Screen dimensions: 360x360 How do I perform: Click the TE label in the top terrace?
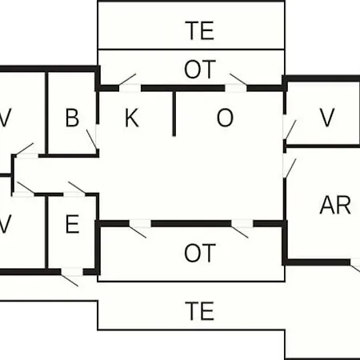coord(200,30)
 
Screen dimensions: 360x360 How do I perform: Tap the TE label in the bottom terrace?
coord(200,310)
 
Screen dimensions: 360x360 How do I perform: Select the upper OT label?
coord(200,70)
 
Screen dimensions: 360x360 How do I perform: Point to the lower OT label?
coord(200,253)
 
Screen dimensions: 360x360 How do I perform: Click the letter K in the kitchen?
coord(132,118)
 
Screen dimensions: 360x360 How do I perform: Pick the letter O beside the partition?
coord(225,118)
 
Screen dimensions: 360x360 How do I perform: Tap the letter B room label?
coord(72,118)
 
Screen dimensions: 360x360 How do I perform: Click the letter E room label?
coord(72,224)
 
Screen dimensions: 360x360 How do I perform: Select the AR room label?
coord(335,205)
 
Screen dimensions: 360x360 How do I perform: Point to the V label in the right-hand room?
coord(327,118)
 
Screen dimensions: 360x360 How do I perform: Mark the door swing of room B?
coord(92,140)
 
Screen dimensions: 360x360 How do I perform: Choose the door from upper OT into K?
coord(127,79)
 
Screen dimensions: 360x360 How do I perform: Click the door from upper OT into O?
coord(238,79)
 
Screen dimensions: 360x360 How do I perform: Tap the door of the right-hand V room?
coord(290,130)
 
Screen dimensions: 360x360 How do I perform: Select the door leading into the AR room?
coord(290,169)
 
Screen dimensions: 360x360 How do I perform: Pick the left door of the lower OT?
coord(138,232)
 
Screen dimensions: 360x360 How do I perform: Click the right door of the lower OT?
coord(240,232)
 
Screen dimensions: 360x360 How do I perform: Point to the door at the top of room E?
coord(77,187)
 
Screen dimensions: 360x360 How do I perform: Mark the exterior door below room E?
coord(70,280)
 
